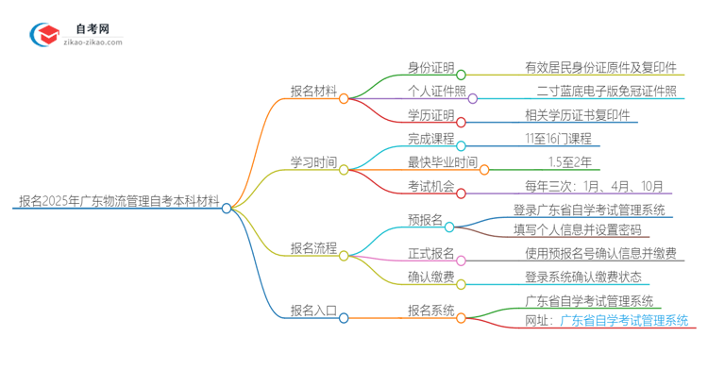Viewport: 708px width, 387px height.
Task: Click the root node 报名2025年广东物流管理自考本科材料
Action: pyautogui.click(x=119, y=201)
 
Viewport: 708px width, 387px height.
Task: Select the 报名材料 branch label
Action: pyautogui.click(x=313, y=92)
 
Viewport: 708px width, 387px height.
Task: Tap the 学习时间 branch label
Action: pyautogui.click(x=313, y=162)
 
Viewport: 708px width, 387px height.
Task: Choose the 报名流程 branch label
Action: pyautogui.click(x=313, y=248)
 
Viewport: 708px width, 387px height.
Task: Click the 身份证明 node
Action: pyautogui.click(x=430, y=67)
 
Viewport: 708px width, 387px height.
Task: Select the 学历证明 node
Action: pyautogui.click(x=430, y=115)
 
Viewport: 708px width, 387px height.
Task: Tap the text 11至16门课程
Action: pyautogui.click(x=560, y=139)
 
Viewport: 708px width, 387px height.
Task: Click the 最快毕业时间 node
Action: pyautogui.click(x=443, y=162)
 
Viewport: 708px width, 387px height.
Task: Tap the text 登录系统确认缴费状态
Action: pyautogui.click(x=583, y=277)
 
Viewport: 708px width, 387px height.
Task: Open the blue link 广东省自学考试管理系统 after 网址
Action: pyautogui.click(x=624, y=321)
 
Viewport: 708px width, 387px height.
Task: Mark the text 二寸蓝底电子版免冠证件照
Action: pyautogui.click(x=605, y=92)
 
